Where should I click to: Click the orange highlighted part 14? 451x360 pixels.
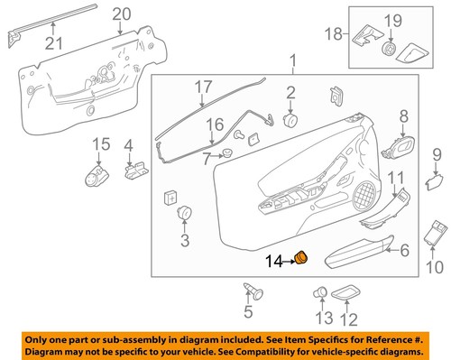tap(302, 260)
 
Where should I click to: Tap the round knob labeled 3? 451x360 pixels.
tap(185, 214)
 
